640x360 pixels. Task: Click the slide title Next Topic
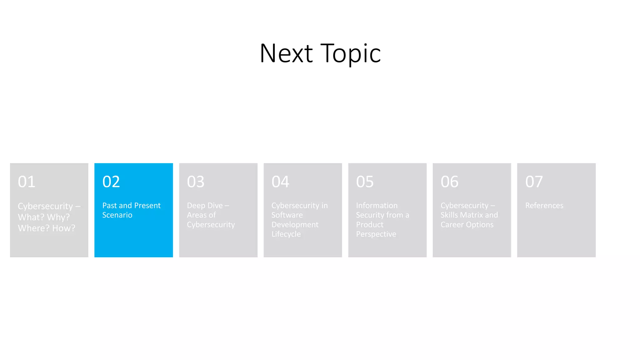[320, 53]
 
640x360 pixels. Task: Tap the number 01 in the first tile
[27, 182]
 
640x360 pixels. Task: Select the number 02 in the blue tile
[111, 182]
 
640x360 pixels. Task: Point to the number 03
[196, 182]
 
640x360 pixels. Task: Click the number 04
[280, 182]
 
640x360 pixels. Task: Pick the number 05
[365, 182]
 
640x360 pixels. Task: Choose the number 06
[449, 182]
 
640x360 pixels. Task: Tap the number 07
[534, 182]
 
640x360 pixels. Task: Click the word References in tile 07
[544, 206]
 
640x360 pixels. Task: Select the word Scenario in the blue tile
[117, 215]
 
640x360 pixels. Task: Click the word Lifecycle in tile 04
[286, 234]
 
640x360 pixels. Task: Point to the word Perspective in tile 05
[376, 234]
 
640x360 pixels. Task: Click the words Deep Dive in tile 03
[205, 206]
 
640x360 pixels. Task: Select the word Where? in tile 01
[34, 228]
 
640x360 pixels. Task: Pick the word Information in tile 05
[377, 206]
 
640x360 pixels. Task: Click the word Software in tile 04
[287, 215]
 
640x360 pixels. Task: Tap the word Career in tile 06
[452, 225]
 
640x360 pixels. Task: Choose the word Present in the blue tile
[147, 206]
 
